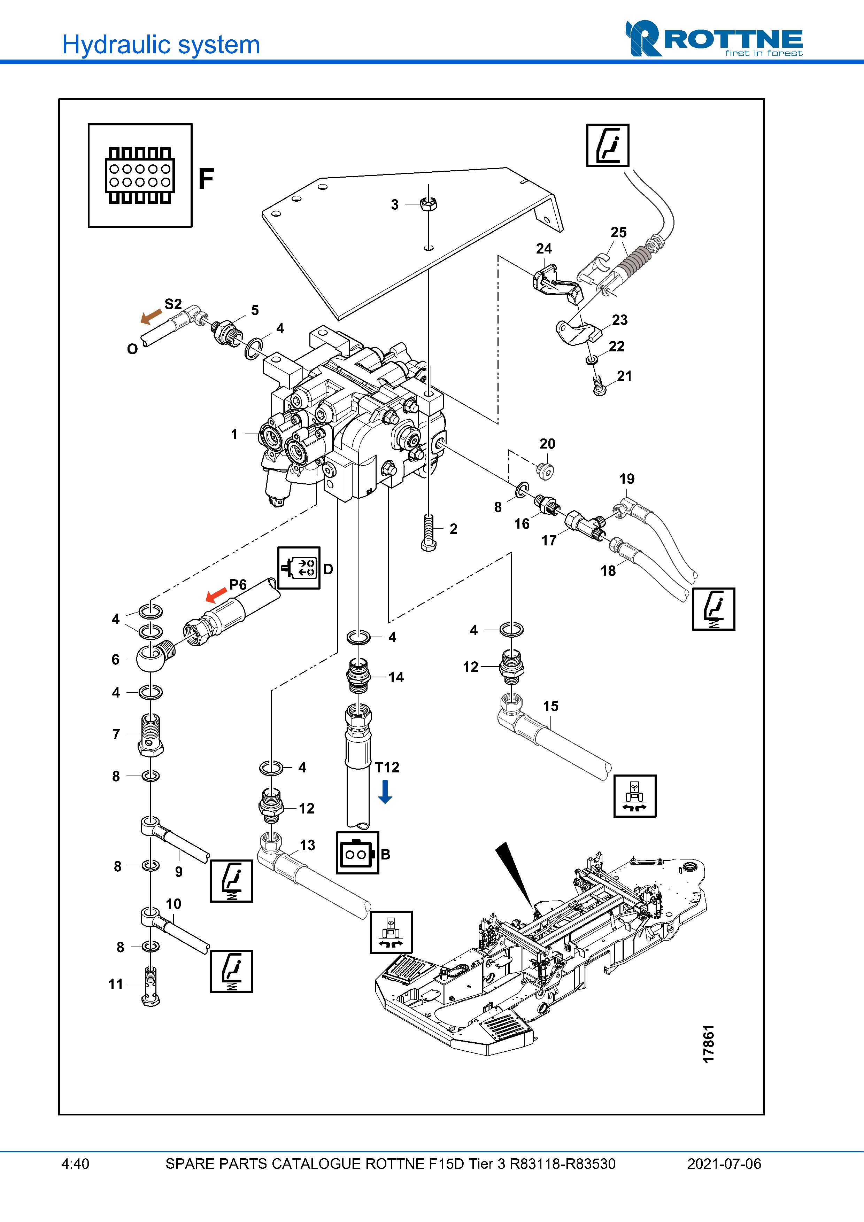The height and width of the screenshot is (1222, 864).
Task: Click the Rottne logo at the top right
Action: pyautogui.click(x=713, y=39)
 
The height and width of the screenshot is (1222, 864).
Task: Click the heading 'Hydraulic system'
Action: pyautogui.click(x=161, y=45)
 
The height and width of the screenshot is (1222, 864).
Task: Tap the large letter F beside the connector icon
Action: pyautogui.click(x=206, y=179)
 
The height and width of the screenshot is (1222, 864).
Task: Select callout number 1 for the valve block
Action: pyautogui.click(x=234, y=434)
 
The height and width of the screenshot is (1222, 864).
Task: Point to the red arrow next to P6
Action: pyautogui.click(x=216, y=594)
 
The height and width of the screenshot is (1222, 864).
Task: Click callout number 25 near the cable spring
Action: pyautogui.click(x=618, y=233)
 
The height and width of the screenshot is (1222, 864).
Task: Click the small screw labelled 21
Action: pyautogui.click(x=599, y=387)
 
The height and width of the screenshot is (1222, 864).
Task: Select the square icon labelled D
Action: pyautogui.click(x=299, y=568)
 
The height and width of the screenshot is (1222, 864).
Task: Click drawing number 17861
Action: pyautogui.click(x=708, y=1043)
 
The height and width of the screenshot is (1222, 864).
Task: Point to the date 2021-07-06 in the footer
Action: pyautogui.click(x=724, y=1164)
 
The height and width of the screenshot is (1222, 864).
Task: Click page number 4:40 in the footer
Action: pyautogui.click(x=76, y=1164)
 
